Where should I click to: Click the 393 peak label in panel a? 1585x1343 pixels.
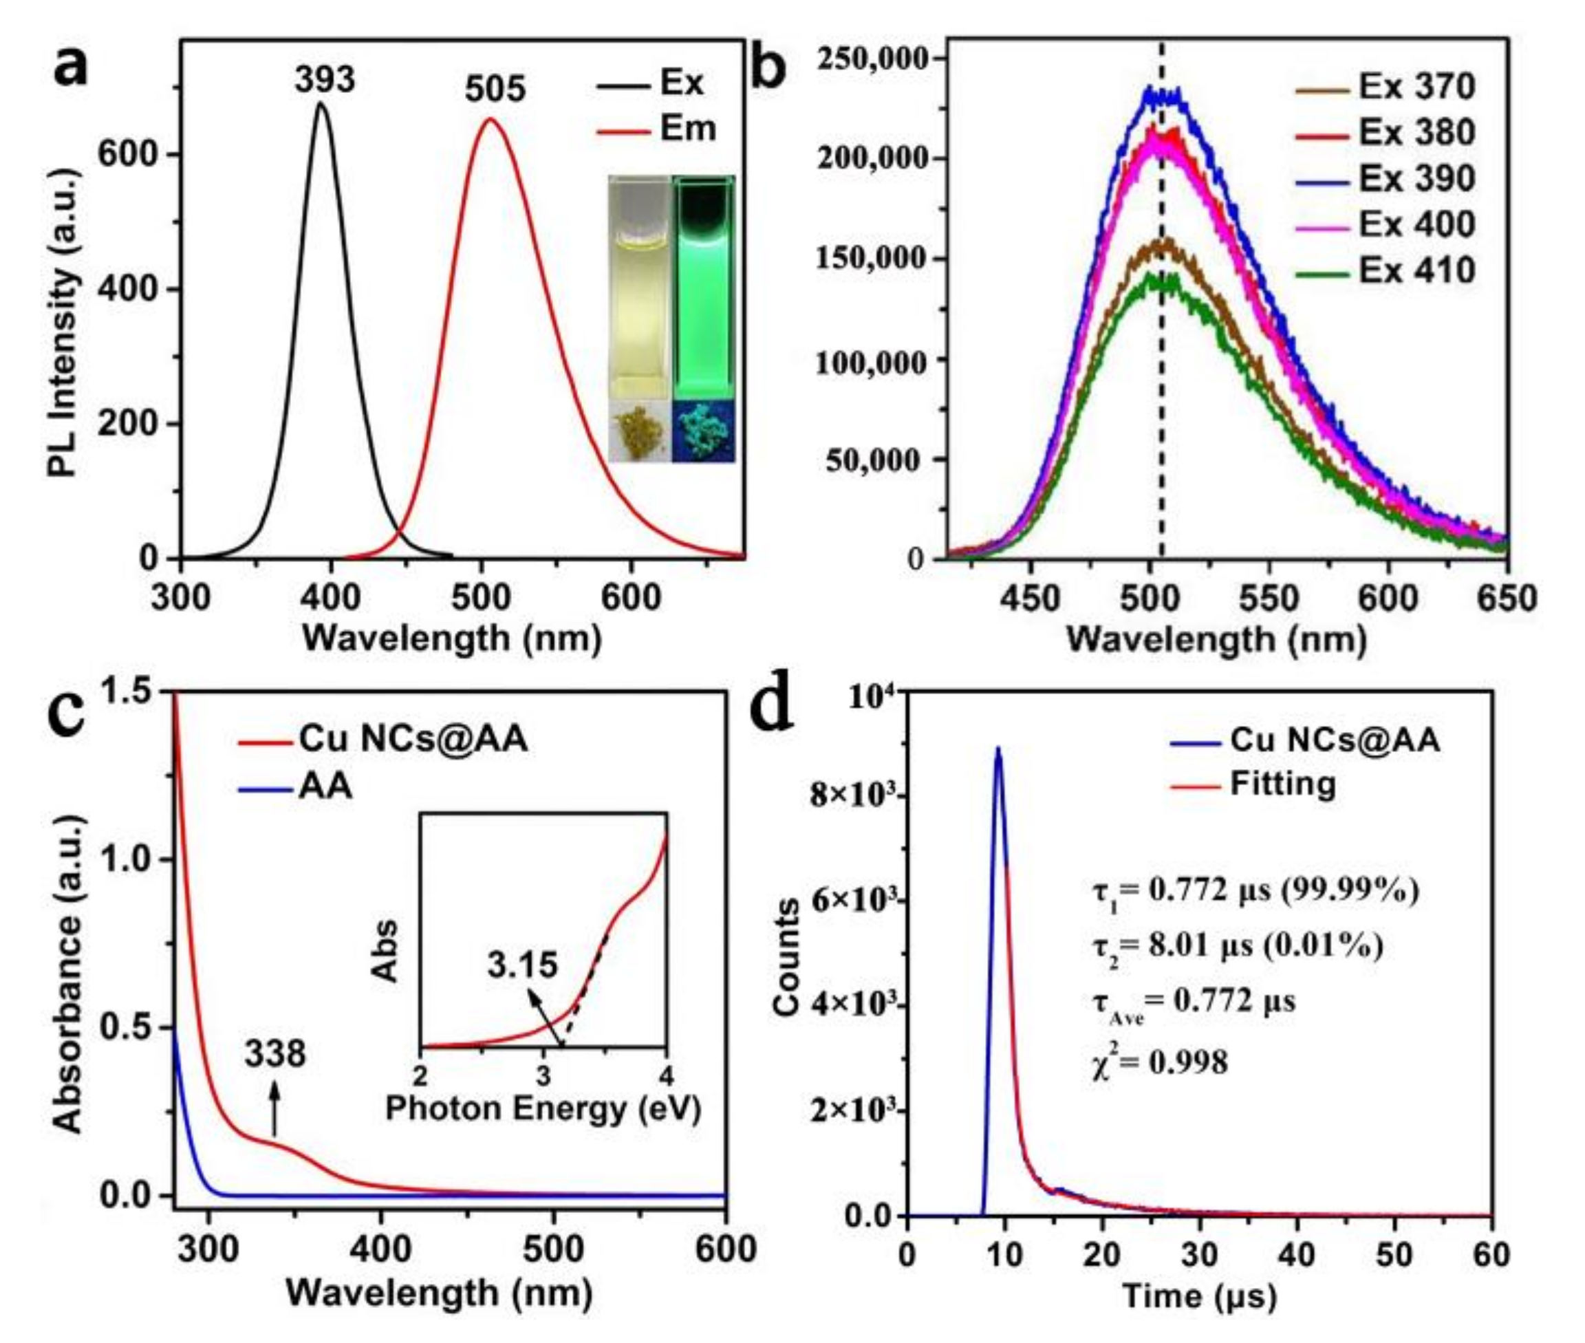tap(325, 79)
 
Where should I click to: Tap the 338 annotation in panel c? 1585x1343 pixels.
tap(274, 1055)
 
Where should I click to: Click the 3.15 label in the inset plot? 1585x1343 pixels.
tap(522, 965)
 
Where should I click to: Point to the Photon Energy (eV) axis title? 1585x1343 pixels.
tap(542, 1109)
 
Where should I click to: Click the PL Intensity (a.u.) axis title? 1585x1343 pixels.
tap(64, 323)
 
